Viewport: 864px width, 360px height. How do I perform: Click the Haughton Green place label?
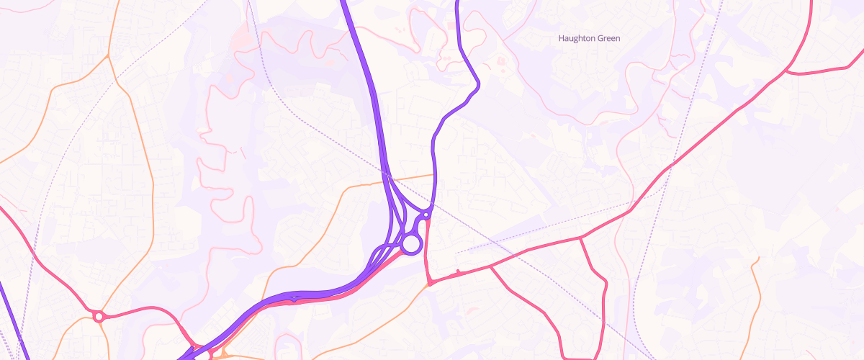coord(589,38)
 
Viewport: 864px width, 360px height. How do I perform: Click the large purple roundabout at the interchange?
coord(410,244)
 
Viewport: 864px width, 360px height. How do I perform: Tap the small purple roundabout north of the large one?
coord(426,215)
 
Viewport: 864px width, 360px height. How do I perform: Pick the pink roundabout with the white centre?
coord(99,315)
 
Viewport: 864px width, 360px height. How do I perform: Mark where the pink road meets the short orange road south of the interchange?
coord(430,283)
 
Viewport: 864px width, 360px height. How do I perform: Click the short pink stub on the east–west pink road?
coord(458,272)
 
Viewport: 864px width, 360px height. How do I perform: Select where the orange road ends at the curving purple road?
coord(434,174)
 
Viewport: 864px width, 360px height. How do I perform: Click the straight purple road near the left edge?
coord(10,317)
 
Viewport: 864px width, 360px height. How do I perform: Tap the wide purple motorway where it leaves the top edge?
coord(344,3)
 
